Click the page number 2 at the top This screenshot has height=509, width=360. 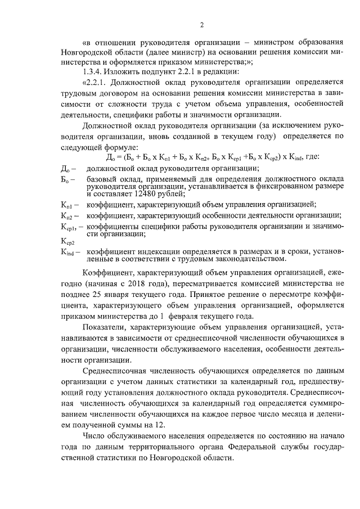201,24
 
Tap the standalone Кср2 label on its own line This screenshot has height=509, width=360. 67,241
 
